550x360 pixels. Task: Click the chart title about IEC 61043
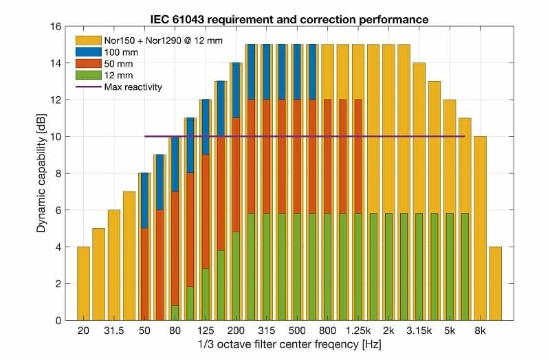291,19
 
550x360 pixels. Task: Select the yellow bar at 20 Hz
83,283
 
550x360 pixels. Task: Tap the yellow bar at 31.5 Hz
113,265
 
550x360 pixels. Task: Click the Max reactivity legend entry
135,87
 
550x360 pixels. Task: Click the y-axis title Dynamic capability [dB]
41,173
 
